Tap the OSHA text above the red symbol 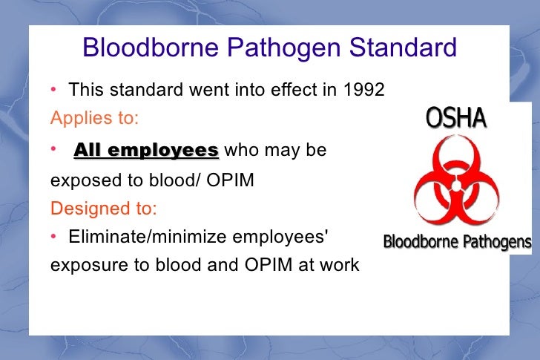click(456, 118)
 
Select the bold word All click(88, 151)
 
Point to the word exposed click(79, 180)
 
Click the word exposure click(82, 265)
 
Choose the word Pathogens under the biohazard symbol click(497, 242)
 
